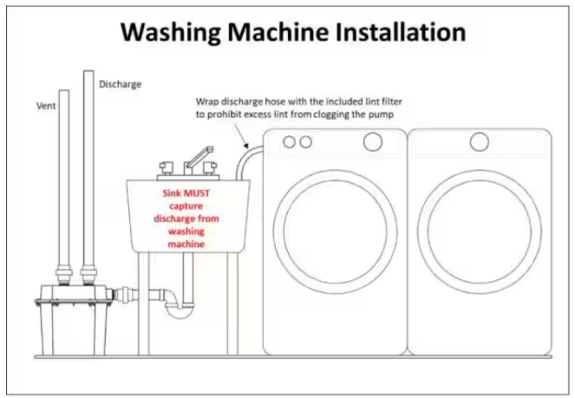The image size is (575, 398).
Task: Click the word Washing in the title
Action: pyautogui.click(x=171, y=33)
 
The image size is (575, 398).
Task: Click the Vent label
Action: pyautogui.click(x=46, y=106)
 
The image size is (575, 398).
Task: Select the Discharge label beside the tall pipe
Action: pyautogui.click(x=121, y=84)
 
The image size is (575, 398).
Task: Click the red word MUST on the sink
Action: pyautogui.click(x=197, y=193)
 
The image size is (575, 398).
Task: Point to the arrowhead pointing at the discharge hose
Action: pyautogui.click(x=246, y=146)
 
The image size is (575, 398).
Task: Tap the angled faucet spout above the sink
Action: pyautogui.click(x=199, y=158)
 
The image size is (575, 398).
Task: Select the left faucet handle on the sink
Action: pyautogui.click(x=167, y=168)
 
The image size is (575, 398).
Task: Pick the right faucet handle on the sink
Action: pyautogui.click(x=210, y=168)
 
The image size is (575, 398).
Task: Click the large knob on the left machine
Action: pyautogui.click(x=373, y=142)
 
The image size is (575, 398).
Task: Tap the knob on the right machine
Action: pyautogui.click(x=480, y=142)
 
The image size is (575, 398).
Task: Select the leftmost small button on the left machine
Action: pyautogui.click(x=290, y=142)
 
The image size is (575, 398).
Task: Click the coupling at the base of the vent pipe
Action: pyautogui.click(x=64, y=276)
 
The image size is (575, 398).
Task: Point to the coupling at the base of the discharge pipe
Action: pyautogui.click(x=88, y=276)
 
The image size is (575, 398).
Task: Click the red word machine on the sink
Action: pyautogui.click(x=186, y=244)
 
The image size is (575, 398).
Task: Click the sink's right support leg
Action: pyautogui.click(x=232, y=303)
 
